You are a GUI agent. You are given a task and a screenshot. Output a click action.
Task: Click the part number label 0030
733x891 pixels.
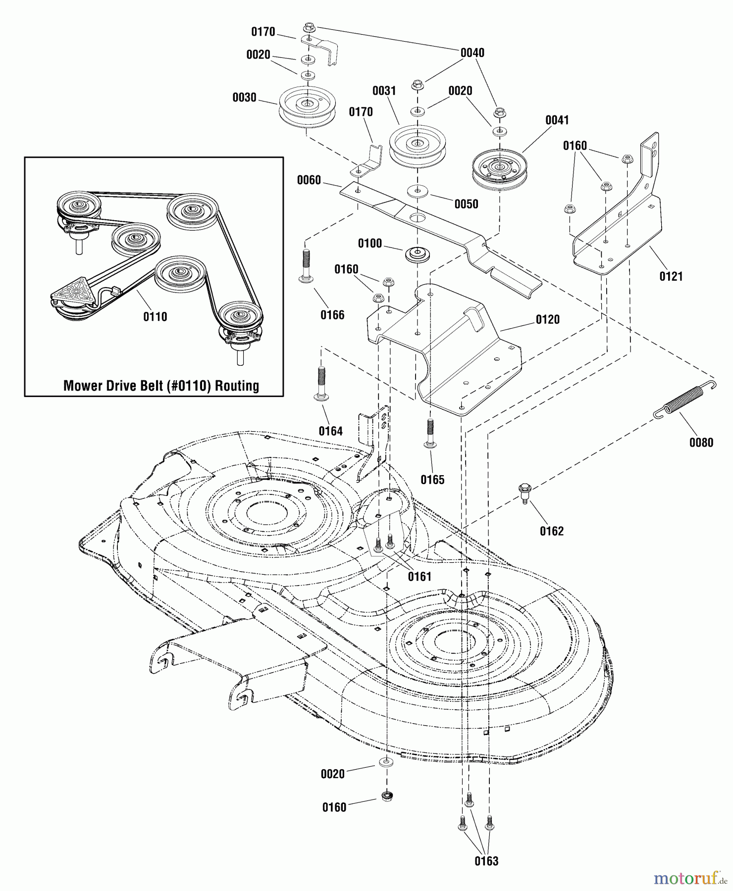coord(245,98)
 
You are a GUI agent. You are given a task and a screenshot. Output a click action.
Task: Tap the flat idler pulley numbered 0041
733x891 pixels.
coord(499,169)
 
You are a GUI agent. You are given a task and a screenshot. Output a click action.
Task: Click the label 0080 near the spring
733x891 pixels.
coord(701,443)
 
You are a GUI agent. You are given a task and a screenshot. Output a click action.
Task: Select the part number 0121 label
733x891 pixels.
coord(671,277)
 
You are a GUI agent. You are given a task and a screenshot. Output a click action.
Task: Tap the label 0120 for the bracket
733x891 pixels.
coord(548,319)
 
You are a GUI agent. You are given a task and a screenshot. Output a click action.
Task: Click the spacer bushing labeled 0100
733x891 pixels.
coord(417,255)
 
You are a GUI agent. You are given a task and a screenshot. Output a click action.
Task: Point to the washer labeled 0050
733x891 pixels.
coord(418,191)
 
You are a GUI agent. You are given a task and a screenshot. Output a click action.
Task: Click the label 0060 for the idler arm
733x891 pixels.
coord(309,180)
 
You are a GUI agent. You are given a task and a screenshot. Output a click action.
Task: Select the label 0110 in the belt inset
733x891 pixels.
coord(155,317)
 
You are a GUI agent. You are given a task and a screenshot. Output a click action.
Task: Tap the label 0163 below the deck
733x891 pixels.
coord(486,861)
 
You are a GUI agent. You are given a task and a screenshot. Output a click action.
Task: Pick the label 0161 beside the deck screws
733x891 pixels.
coord(419,576)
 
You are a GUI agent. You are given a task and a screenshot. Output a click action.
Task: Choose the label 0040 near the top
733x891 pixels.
coord(472,53)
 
